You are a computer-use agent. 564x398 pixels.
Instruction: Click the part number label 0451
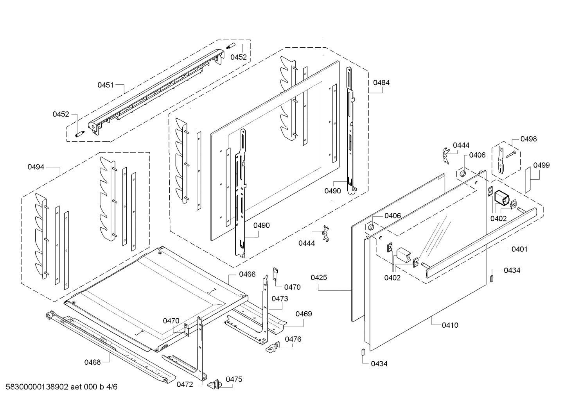click(x=105, y=85)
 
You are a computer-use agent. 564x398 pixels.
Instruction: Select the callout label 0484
click(x=381, y=83)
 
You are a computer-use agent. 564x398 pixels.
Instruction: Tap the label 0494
click(x=36, y=167)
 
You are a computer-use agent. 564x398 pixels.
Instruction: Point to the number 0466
click(x=247, y=274)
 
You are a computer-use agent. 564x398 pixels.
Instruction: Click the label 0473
click(x=280, y=299)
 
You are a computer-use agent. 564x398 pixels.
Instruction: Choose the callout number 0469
click(x=304, y=314)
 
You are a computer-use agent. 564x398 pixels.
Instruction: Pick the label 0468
click(x=92, y=362)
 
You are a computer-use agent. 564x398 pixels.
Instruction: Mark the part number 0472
click(x=185, y=384)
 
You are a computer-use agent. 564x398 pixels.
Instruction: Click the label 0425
click(x=319, y=278)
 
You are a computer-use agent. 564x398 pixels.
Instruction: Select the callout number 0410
click(x=450, y=325)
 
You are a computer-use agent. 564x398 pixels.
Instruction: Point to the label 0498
click(x=528, y=139)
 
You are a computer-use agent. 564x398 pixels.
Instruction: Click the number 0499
click(x=541, y=165)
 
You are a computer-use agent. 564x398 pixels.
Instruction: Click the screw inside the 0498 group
click(x=510, y=154)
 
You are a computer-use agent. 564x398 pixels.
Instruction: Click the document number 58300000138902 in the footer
click(x=35, y=387)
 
